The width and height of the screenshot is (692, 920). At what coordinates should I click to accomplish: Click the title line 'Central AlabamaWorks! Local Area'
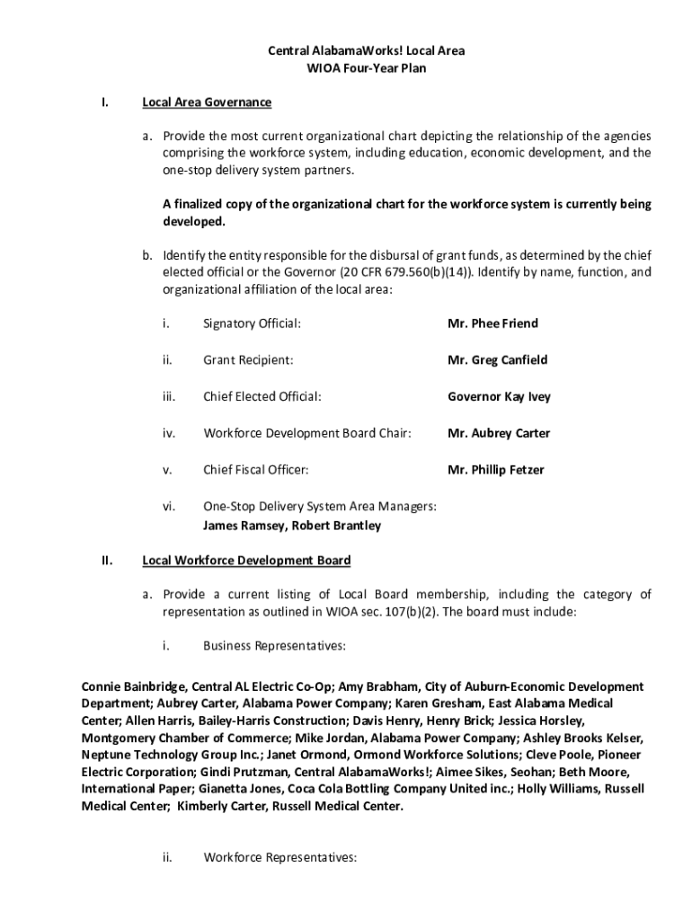point(366,50)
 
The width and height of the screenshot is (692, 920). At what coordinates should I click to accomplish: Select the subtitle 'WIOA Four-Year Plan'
point(366,67)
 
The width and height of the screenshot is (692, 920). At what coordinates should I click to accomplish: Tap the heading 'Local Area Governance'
point(207,102)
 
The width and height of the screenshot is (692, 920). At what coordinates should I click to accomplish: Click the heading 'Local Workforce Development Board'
point(246,561)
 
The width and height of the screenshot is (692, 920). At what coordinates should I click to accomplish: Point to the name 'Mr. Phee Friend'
point(492,323)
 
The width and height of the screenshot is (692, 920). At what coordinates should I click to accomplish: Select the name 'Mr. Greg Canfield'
point(497,360)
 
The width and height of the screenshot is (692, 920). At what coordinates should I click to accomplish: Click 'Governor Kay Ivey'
point(499,397)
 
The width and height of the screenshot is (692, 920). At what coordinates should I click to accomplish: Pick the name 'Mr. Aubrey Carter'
point(499,433)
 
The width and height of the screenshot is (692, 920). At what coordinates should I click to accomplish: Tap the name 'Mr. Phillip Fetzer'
point(495,470)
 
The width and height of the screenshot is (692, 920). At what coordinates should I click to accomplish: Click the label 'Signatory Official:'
point(252,323)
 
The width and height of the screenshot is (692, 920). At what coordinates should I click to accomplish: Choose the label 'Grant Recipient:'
point(248,360)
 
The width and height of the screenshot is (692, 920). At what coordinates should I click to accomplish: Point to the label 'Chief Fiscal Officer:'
point(255,470)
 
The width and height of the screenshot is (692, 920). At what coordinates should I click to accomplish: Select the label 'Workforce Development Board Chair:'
point(307,433)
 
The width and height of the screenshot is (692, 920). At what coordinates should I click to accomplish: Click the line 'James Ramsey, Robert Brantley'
point(292,526)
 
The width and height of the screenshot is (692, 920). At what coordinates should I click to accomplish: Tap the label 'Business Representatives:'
point(275,645)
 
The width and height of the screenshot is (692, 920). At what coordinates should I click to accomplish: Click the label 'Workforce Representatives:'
point(280,857)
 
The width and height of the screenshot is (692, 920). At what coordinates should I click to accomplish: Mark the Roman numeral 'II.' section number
point(106,561)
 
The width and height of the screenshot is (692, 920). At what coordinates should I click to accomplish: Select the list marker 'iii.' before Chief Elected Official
point(169,397)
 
